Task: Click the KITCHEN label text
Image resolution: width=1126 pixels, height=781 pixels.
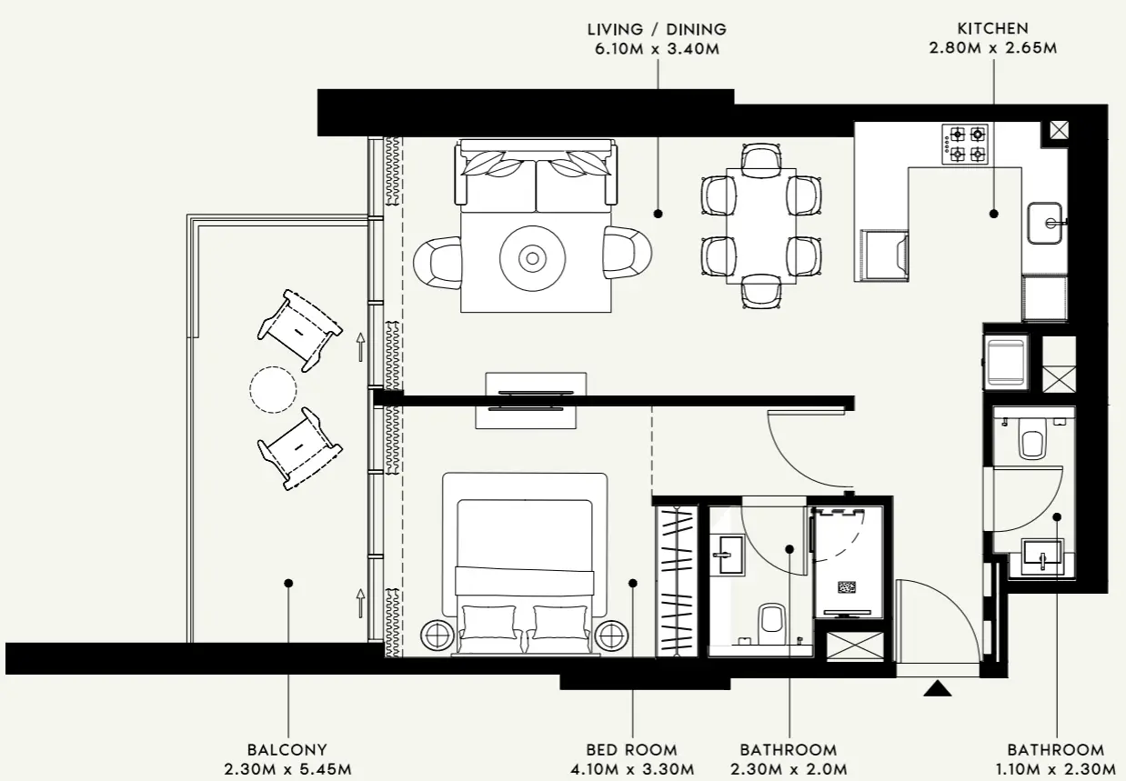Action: coord(992,29)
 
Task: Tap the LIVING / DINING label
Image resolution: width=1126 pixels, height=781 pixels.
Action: coord(657,29)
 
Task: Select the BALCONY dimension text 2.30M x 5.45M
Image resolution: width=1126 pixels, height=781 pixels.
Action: coord(287,769)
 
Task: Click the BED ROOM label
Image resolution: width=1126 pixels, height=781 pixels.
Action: coord(631,750)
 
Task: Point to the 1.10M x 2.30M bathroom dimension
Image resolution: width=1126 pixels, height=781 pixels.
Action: coord(1055,769)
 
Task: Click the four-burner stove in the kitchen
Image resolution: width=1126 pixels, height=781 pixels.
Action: coord(965,144)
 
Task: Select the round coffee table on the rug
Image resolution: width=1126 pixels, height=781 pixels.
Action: coord(532,259)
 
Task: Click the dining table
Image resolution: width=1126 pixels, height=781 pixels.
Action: coord(760,225)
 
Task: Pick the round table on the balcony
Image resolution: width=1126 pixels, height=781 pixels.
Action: coord(273,389)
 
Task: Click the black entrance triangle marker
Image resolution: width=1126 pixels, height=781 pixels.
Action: coord(937,689)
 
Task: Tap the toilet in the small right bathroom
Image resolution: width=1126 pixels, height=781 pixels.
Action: coord(1031,442)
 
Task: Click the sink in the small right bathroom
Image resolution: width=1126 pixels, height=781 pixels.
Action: coord(1042,556)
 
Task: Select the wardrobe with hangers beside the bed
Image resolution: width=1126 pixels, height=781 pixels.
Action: coord(677,579)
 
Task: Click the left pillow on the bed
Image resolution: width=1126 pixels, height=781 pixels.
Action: coord(488,623)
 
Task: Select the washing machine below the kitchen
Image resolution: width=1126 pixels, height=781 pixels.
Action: coord(1006,360)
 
